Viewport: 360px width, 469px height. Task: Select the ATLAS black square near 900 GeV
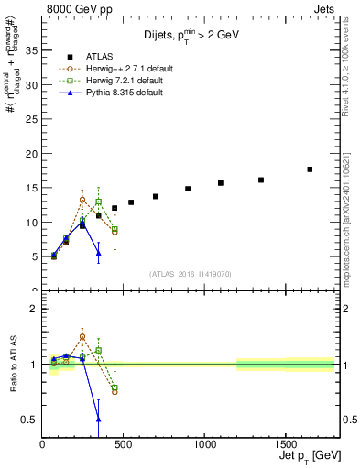click(x=188, y=189)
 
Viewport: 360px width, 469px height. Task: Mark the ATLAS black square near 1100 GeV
click(x=221, y=183)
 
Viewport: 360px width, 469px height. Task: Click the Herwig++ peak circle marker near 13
click(x=82, y=200)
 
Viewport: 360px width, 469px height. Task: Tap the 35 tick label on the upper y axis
click(x=30, y=50)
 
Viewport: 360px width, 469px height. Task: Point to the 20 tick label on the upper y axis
click(x=30, y=153)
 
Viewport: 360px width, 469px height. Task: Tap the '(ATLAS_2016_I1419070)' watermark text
click(x=191, y=274)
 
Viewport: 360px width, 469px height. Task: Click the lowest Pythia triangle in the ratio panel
click(x=99, y=419)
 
